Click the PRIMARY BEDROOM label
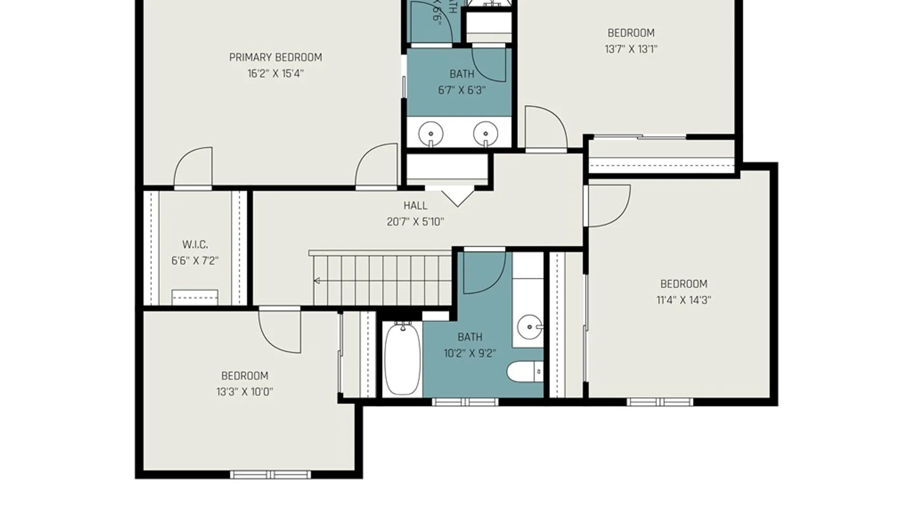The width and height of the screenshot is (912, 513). click(275, 57)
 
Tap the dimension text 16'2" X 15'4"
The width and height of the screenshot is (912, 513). click(275, 74)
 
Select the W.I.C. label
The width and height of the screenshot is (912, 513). click(195, 245)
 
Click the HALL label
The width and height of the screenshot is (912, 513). click(415, 206)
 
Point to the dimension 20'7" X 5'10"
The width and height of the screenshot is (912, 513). click(415, 222)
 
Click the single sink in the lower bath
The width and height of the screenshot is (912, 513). click(529, 326)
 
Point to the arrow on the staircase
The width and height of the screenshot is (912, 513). click(317, 281)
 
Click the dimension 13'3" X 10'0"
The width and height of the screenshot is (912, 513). click(244, 392)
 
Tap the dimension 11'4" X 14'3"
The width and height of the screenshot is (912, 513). click(684, 300)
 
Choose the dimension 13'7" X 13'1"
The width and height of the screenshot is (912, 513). click(631, 49)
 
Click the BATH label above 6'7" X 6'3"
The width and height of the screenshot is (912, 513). click(462, 74)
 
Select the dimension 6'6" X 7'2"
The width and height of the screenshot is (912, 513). click(195, 261)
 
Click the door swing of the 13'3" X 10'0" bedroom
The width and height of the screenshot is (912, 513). click(283, 332)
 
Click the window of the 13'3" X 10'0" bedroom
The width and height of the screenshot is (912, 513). click(270, 475)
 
